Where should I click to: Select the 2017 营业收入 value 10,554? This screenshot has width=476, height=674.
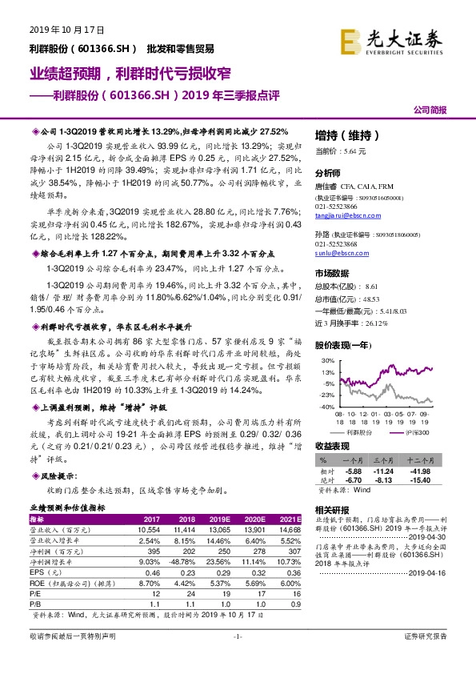pyautogui.click(x=151, y=531)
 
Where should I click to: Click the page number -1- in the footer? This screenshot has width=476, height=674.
pyautogui.click(x=237, y=657)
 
